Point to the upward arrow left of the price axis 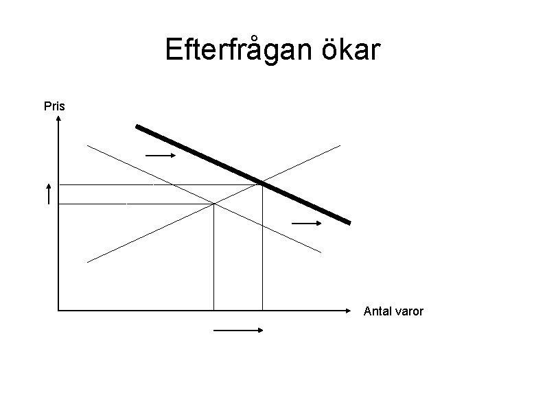point(49,193)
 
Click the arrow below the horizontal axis point(239,331)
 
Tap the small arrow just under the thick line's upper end point(161,156)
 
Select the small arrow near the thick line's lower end point(307,224)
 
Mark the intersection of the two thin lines point(214,204)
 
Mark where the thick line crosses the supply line point(262,182)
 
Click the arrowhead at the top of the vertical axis point(59,119)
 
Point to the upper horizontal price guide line point(158,184)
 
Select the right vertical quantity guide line point(262,247)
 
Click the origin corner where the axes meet point(59,311)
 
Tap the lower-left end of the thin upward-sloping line point(88,261)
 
